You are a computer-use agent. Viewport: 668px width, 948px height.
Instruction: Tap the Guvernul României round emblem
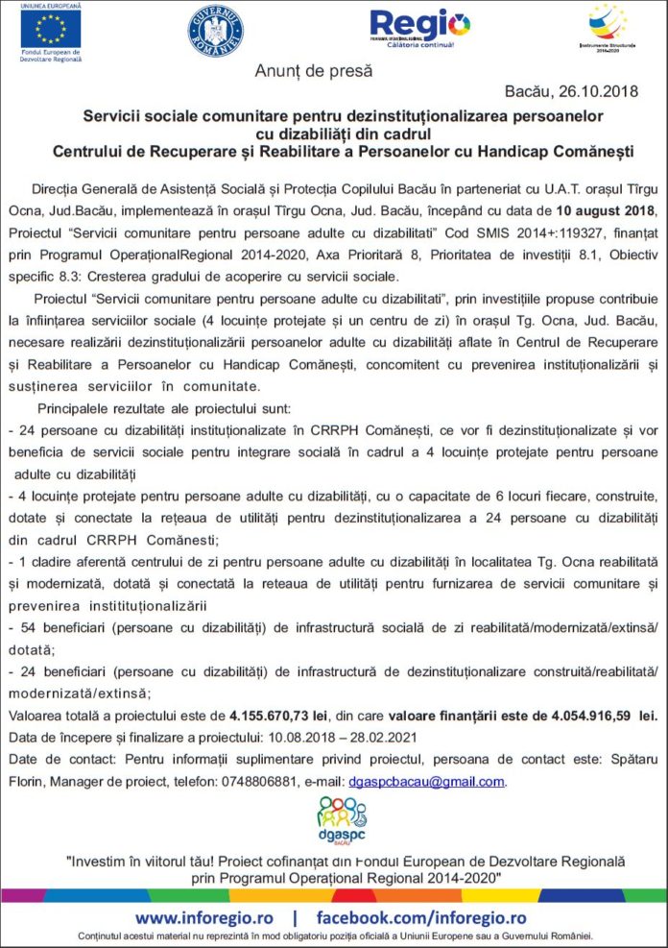pyautogui.click(x=216, y=31)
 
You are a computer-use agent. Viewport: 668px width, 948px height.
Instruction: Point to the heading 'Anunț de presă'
pyautogui.click(x=314, y=70)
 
